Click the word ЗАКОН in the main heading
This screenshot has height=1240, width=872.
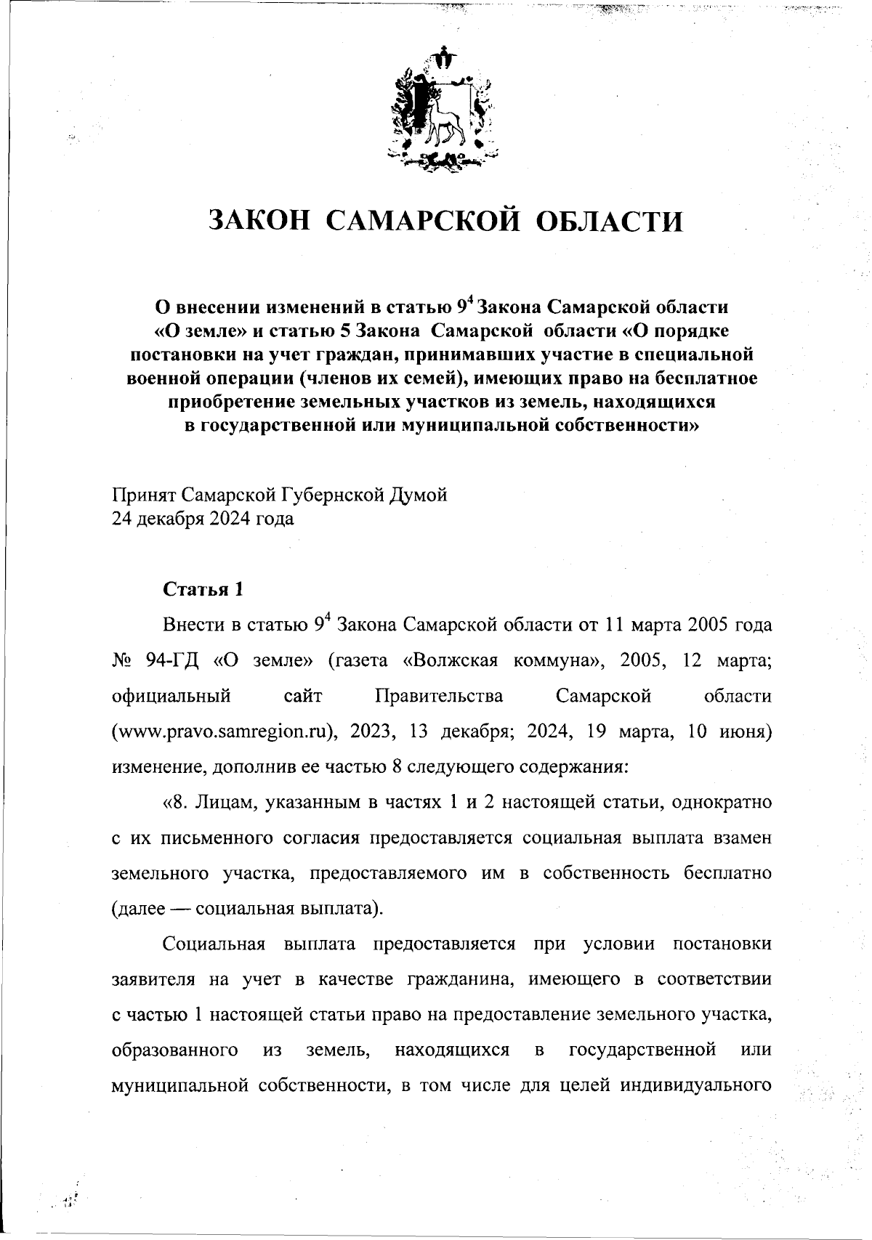[255, 220]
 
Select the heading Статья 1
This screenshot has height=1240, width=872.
[203, 589]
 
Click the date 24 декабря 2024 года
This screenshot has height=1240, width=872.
[203, 519]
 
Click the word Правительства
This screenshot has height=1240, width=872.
[439, 696]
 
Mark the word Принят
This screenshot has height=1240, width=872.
[143, 495]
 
